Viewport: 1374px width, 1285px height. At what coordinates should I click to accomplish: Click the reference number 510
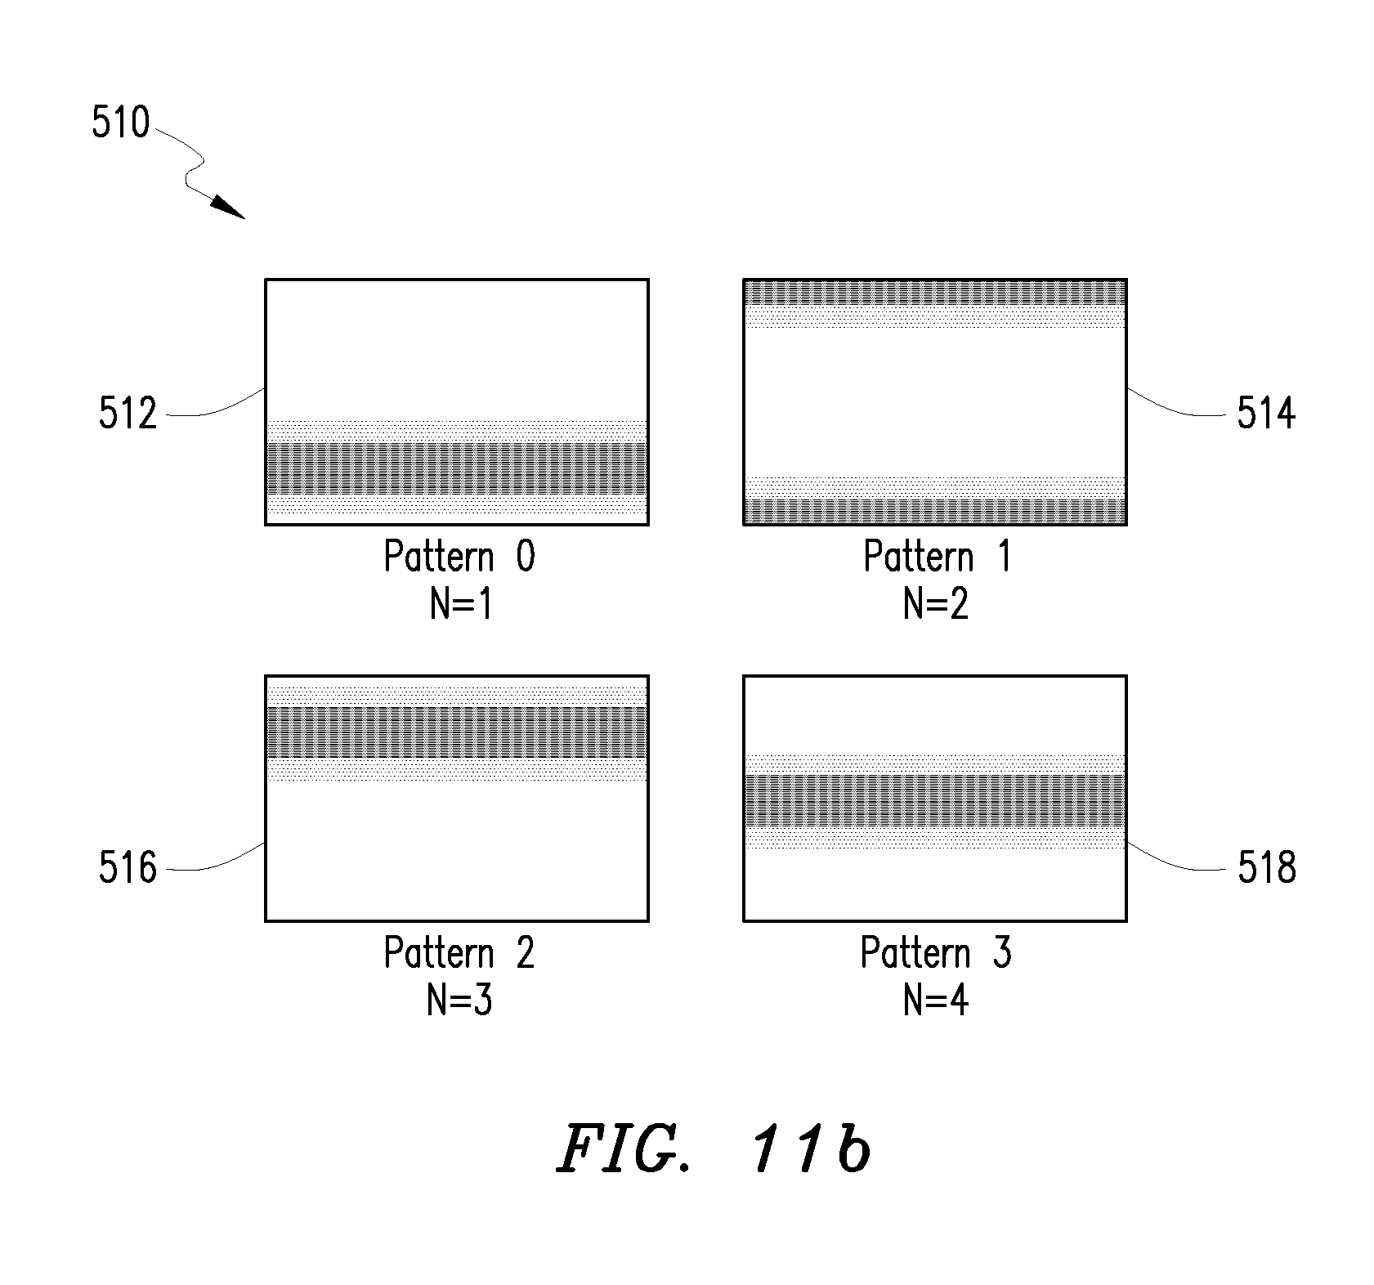tap(121, 123)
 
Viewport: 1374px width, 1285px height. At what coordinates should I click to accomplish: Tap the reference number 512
tap(128, 414)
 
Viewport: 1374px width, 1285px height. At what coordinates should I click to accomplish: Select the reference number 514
tap(1266, 414)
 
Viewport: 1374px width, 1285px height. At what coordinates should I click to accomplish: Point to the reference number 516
tap(128, 867)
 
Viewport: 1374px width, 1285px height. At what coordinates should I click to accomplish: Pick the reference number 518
tap(1266, 867)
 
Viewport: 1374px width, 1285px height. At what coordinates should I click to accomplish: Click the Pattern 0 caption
tap(459, 557)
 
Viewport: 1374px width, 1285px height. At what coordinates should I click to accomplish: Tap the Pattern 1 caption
tap(938, 557)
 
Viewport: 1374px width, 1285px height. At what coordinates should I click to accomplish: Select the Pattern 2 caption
tap(459, 953)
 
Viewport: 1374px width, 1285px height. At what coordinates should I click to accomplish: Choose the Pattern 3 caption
tap(937, 953)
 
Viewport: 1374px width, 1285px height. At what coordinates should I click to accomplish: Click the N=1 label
tap(462, 606)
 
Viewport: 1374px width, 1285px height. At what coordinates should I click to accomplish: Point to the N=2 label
tap(937, 606)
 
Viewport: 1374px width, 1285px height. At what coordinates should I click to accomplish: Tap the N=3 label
tap(460, 1001)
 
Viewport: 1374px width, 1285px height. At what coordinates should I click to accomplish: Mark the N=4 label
tap(937, 1001)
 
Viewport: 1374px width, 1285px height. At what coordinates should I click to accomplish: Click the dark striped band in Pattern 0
tap(457, 468)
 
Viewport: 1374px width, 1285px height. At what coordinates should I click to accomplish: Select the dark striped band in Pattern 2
tap(457, 732)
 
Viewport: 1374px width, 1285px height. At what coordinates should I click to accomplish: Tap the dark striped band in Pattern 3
tap(935, 800)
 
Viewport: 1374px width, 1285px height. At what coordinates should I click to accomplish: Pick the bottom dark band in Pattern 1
tap(935, 511)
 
